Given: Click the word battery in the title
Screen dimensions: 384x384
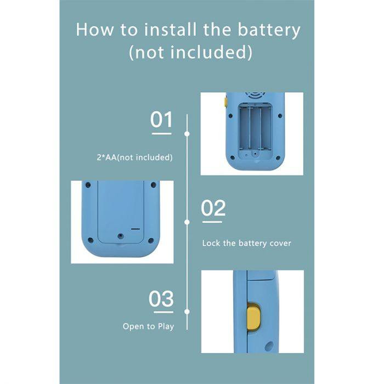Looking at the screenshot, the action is tap(269, 30).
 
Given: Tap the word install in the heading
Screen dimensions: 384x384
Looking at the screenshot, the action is tap(170, 30).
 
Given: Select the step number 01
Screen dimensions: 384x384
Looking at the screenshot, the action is tap(161, 119).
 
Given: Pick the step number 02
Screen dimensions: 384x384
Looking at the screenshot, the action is tap(213, 208).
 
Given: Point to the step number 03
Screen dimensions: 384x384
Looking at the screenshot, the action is tap(161, 298).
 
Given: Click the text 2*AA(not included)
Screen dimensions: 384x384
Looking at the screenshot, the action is tap(135, 157).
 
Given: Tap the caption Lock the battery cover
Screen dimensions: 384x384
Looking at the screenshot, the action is tap(247, 243).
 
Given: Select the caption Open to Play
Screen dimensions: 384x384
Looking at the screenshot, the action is tap(149, 326).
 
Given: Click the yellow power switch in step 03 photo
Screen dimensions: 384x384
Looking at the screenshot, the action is tap(253, 317).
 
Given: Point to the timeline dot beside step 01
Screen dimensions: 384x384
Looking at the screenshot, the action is tap(187, 134).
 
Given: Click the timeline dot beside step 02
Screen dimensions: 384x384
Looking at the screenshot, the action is tap(187, 222).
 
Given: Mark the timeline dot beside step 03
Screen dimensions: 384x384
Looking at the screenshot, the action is tap(187, 312).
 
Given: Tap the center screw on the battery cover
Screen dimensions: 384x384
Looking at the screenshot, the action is tap(120, 236).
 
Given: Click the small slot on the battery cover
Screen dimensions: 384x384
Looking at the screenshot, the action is tap(135, 229).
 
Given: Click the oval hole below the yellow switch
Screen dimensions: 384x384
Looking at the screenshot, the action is tap(269, 347).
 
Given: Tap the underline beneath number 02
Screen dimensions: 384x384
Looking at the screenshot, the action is tap(212, 222).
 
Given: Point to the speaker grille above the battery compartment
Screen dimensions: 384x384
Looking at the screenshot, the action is tap(255, 95).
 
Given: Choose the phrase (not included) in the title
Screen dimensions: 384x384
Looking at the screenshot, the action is tap(190, 52).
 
